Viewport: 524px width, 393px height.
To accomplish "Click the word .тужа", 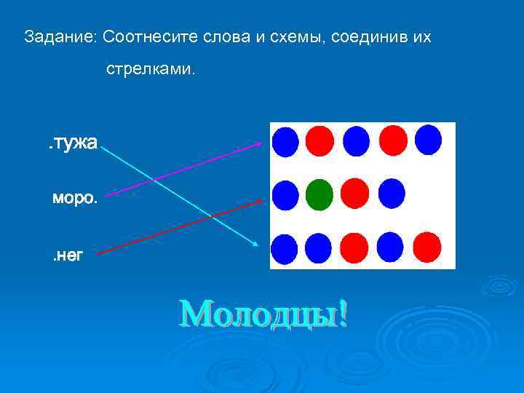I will pos(72,143).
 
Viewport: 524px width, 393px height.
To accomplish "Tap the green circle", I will pos(319,194).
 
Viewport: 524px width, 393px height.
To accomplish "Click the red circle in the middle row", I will pos(355,194).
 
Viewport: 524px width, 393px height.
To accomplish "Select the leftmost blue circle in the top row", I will pos(285,141).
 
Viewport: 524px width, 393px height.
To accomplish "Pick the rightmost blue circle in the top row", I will pos(429,140).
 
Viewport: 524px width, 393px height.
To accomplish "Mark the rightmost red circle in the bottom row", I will pos(428,248).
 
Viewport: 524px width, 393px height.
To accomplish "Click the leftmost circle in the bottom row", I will pos(285,249).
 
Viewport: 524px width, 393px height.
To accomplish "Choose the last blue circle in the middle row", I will pos(392,194).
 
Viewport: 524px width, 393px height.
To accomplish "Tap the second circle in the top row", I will pos(319,141).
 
